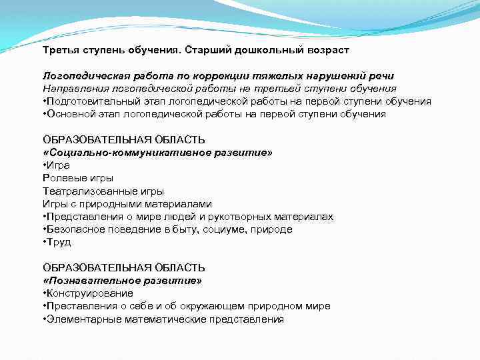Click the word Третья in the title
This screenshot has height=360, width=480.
[x=60, y=50]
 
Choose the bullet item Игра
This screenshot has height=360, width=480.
[x=57, y=165]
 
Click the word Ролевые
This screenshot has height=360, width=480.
[x=64, y=178]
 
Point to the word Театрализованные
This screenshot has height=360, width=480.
[x=83, y=191]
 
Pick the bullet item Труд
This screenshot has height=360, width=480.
[x=58, y=242]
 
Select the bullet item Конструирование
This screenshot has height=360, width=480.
[x=89, y=293]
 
